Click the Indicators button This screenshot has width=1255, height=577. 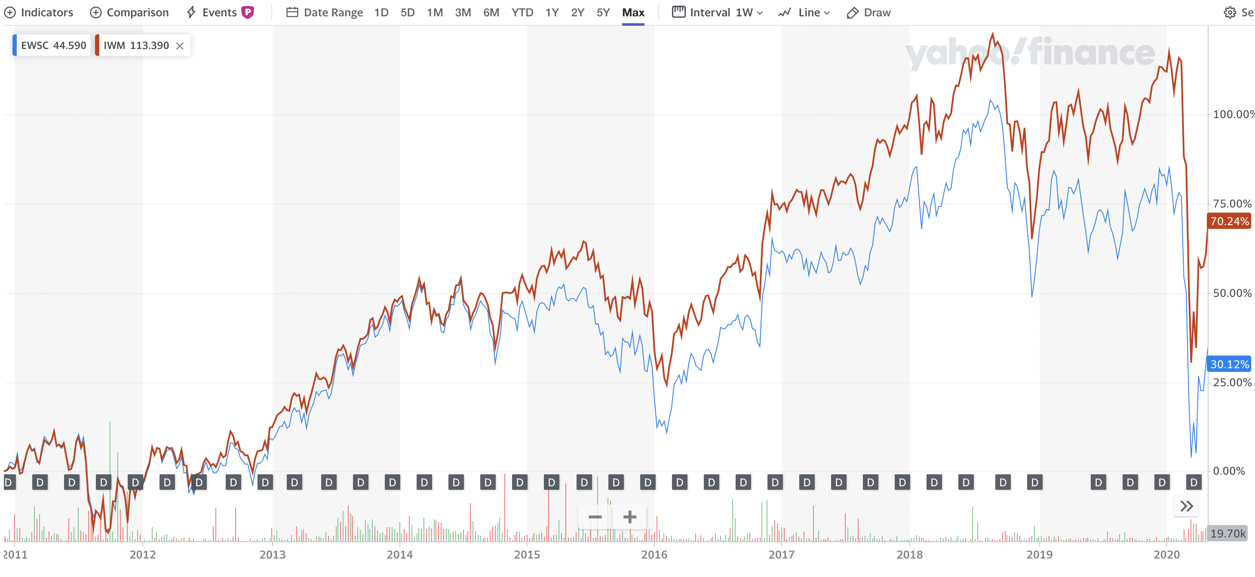coord(39,12)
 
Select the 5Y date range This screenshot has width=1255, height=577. coord(603,12)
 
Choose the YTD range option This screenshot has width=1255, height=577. coord(522,12)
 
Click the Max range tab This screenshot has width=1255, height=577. coord(633,12)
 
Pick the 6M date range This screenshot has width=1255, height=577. coord(491,12)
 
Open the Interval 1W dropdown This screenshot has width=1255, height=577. coord(717,12)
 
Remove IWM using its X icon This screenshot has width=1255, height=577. coord(180,46)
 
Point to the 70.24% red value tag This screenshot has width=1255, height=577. coord(1229,222)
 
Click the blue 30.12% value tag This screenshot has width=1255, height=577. coord(1229,364)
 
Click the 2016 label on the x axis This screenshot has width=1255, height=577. coord(654,555)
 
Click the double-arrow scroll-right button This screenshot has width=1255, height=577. coord(1186,507)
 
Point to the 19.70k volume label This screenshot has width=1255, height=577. coord(1227,534)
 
